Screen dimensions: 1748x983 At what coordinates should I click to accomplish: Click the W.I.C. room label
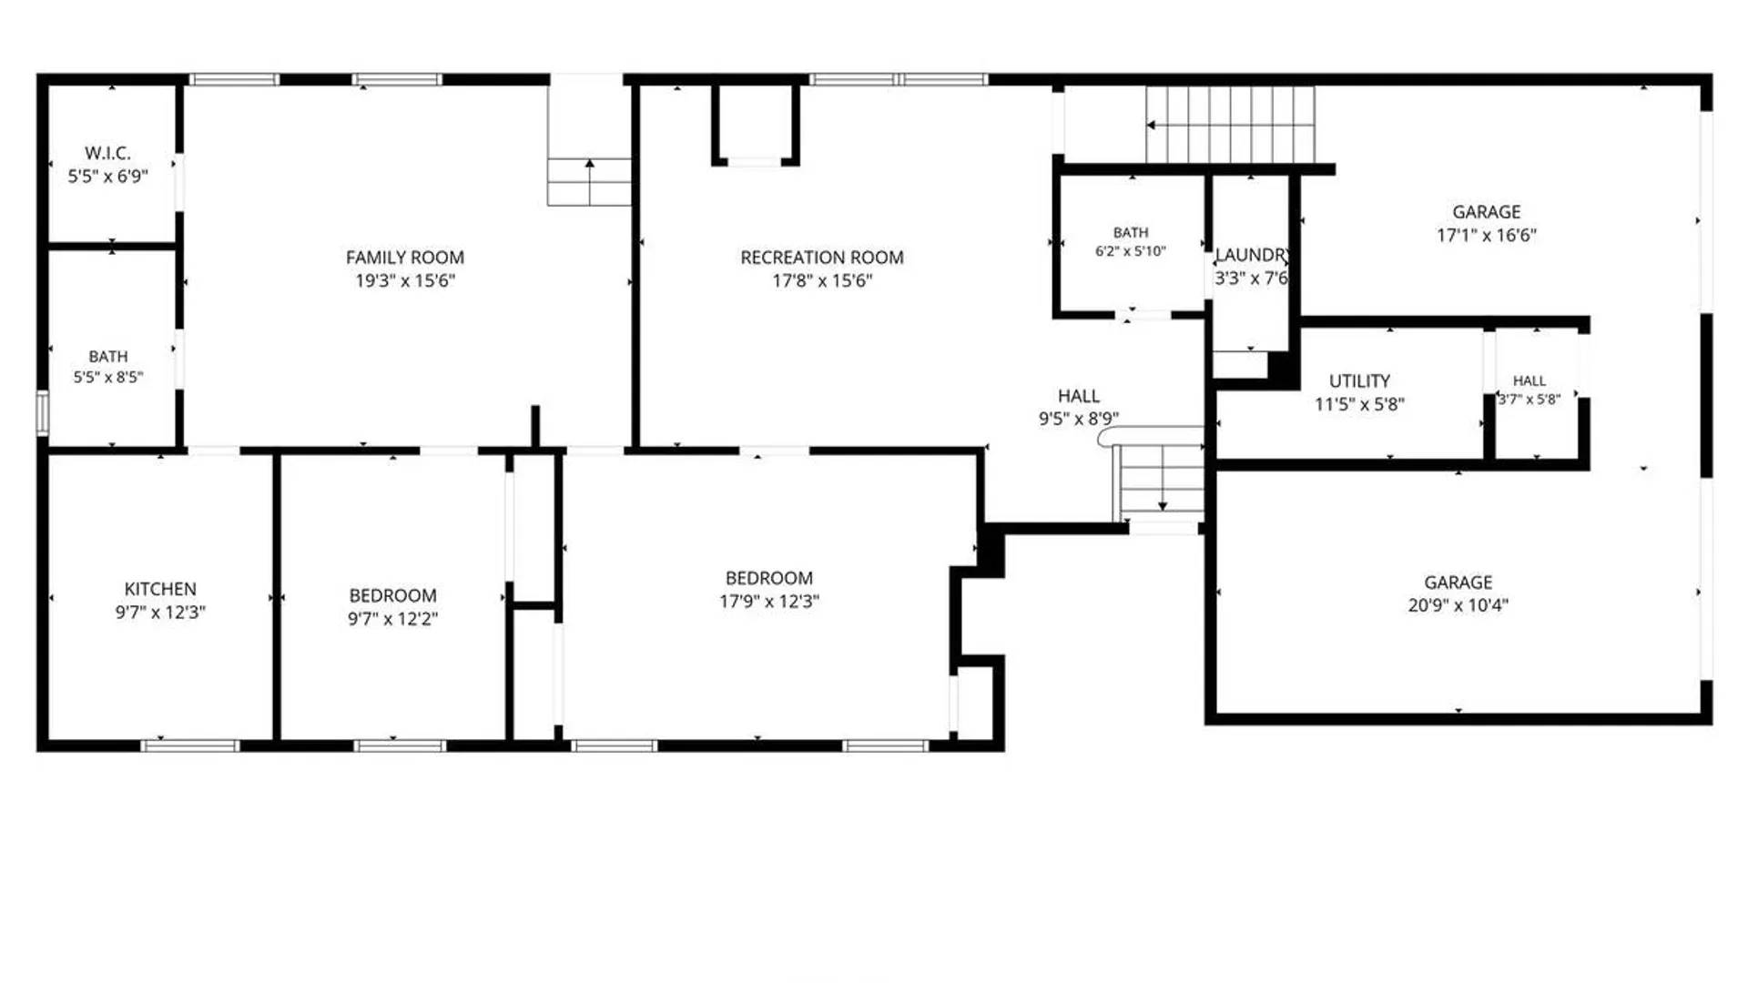tap(107, 153)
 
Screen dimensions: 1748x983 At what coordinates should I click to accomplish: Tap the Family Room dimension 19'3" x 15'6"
tap(405, 280)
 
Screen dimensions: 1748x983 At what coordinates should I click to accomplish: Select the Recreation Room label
tap(822, 258)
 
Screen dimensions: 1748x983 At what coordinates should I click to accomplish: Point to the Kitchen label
tap(160, 589)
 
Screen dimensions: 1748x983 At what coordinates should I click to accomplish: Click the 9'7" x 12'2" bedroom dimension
tap(392, 619)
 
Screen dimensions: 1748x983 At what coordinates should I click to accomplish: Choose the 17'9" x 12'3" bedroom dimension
tap(769, 602)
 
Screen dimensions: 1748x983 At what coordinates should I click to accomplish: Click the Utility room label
tap(1359, 381)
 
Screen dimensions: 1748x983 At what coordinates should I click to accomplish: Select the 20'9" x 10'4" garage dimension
tap(1458, 605)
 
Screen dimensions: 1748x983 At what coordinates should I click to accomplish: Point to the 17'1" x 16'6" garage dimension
tap(1487, 235)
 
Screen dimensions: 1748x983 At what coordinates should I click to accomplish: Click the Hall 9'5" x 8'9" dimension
tap(1079, 419)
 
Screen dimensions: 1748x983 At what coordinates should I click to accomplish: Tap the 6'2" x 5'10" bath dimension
tap(1131, 251)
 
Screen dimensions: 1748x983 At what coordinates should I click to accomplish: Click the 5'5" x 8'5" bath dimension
tap(108, 377)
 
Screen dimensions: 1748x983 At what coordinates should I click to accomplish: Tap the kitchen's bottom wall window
tap(190, 745)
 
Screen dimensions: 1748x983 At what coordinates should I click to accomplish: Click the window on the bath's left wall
tap(42, 412)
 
